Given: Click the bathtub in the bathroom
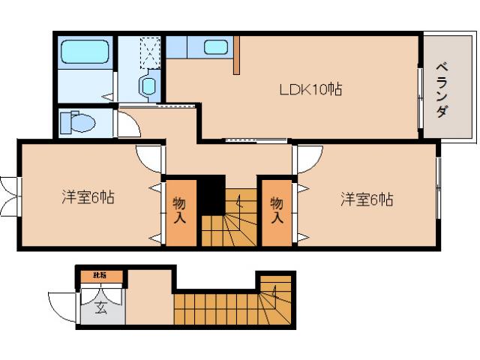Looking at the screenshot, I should tap(85, 52).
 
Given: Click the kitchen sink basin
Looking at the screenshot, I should tap(215, 47).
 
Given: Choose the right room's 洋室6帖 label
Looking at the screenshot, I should tap(367, 199).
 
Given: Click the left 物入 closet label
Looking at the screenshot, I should tap(180, 210).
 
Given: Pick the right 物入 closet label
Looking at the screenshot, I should tap(277, 210).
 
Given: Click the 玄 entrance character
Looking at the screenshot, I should tap(100, 306).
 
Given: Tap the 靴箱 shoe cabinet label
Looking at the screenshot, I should tap(100, 276).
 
